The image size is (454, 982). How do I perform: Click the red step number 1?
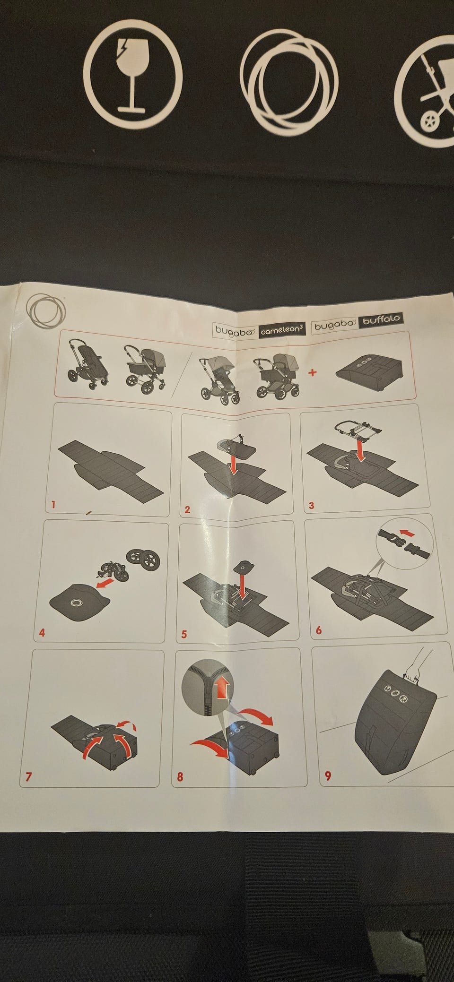pos(53,505)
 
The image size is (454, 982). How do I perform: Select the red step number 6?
pos(318,630)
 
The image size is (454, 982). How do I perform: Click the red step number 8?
pos(180,776)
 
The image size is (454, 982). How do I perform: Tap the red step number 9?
pos(328,775)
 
